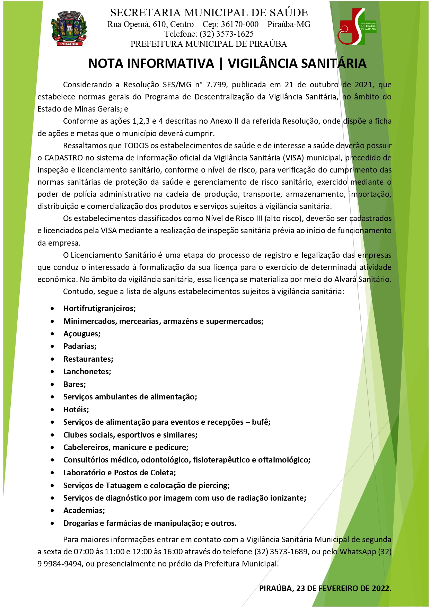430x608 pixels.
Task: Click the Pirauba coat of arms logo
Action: coord(69,29)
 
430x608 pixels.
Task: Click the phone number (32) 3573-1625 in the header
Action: coord(226,34)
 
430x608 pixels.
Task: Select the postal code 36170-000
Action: coord(240,24)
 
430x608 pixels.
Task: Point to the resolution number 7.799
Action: coord(216,85)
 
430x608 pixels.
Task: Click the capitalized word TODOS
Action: coord(136,146)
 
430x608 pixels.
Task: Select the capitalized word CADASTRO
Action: coord(64,158)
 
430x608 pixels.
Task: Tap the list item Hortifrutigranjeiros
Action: coord(99,308)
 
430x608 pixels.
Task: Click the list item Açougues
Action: coord(82,334)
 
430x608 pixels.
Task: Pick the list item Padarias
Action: coord(80,346)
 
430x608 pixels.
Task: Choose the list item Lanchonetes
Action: coord(87,371)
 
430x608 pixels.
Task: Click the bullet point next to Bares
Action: coord(52,384)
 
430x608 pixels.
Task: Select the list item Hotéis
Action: coord(76,409)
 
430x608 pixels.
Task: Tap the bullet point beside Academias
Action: coord(52,510)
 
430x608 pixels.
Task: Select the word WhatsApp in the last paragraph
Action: coord(358,552)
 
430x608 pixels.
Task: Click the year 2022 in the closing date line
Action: coord(381,588)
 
